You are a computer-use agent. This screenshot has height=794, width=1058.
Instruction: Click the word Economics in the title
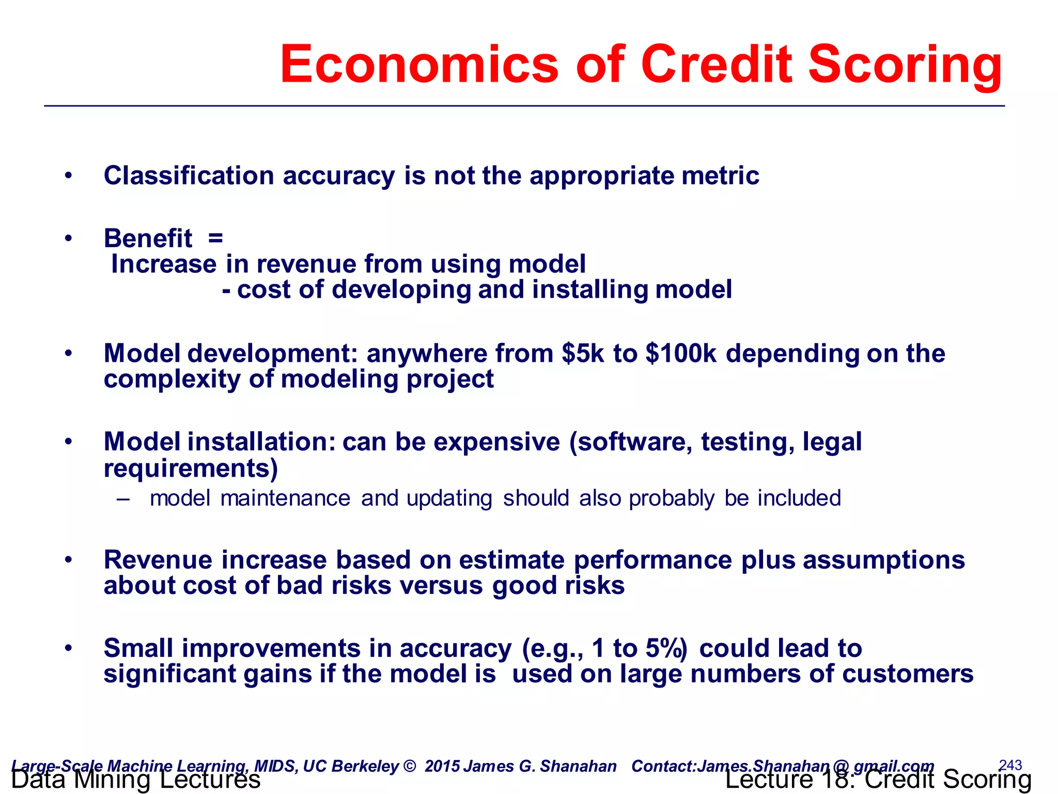click(419, 65)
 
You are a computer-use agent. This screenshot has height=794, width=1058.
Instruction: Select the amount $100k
click(681, 354)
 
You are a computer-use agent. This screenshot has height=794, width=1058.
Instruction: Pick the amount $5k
click(583, 354)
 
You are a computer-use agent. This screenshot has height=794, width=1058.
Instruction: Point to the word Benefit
click(148, 239)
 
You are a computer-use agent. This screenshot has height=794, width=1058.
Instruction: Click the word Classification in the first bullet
click(189, 176)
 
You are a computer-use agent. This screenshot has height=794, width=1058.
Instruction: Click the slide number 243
click(1010, 765)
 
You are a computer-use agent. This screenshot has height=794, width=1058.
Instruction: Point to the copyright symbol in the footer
click(409, 766)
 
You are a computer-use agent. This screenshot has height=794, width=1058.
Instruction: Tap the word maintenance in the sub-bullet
click(285, 498)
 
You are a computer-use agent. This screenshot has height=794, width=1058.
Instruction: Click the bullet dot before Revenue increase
click(68, 560)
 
